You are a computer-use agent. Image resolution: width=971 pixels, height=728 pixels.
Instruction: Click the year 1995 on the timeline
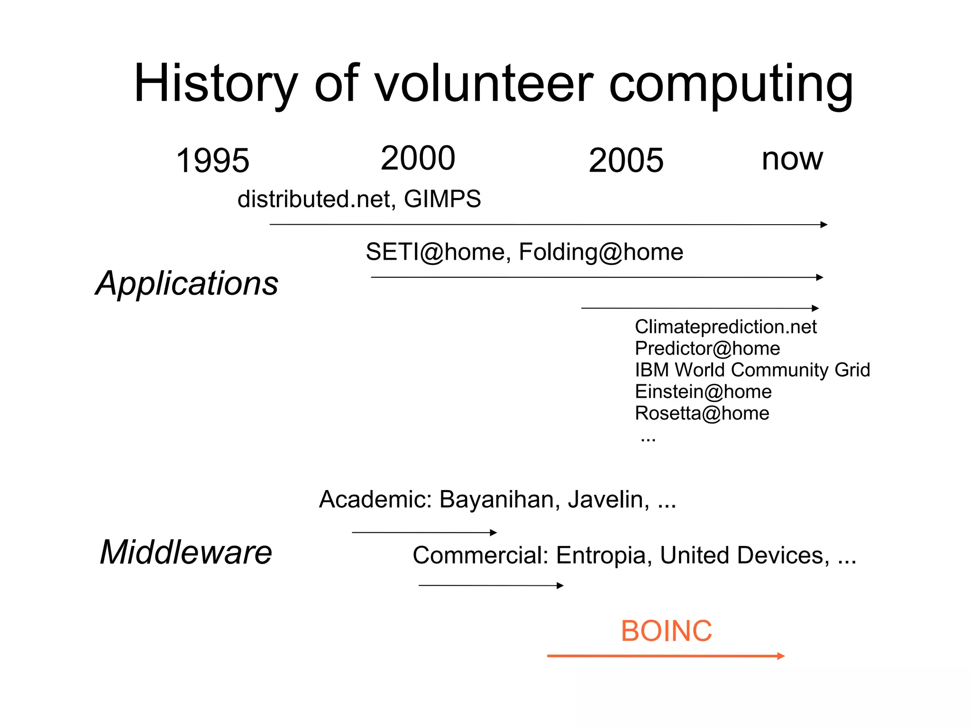pyautogui.click(x=212, y=160)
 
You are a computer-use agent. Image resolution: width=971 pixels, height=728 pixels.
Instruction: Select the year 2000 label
pyautogui.click(x=418, y=158)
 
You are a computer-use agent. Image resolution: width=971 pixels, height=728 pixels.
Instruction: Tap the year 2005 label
pyautogui.click(x=626, y=160)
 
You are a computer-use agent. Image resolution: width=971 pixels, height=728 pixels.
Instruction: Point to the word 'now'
pyautogui.click(x=792, y=159)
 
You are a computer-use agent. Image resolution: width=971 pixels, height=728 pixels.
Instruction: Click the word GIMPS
pyautogui.click(x=442, y=199)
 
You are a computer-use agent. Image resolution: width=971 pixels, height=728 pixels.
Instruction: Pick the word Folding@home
pyautogui.click(x=601, y=252)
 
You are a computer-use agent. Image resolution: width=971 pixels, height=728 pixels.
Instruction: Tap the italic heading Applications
pyautogui.click(x=187, y=283)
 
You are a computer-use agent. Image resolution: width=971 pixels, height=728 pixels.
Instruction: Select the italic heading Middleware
pyautogui.click(x=186, y=552)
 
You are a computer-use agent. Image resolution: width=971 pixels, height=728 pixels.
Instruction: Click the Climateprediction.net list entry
pyautogui.click(x=725, y=327)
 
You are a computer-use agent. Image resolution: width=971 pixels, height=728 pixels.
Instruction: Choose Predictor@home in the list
pyautogui.click(x=707, y=348)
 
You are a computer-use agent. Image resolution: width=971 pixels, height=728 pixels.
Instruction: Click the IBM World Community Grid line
pyautogui.click(x=752, y=370)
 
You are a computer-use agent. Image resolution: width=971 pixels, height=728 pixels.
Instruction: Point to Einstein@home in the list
pyautogui.click(x=703, y=391)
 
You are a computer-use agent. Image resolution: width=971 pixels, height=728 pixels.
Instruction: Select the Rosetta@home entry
pyautogui.click(x=702, y=413)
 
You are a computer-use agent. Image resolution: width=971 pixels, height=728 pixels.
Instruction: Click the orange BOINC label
pyautogui.click(x=666, y=631)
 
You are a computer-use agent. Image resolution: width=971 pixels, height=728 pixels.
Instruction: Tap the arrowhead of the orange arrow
pyautogui.click(x=781, y=656)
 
